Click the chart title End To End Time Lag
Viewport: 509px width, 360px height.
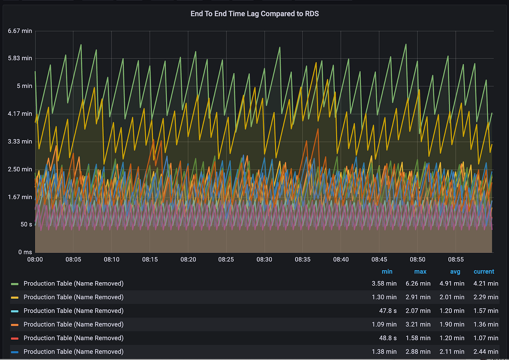[x=254, y=14]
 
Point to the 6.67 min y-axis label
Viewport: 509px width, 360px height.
[x=20, y=31]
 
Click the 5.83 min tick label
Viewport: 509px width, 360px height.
[x=20, y=58]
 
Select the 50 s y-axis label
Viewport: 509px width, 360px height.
[x=26, y=225]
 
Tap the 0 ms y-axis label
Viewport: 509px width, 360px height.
[x=25, y=252]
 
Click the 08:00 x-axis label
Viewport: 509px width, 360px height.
[x=35, y=259]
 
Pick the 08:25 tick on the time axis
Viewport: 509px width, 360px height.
[x=226, y=259]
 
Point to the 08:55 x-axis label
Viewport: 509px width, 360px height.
[x=456, y=259]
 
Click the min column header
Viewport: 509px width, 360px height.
[x=387, y=272]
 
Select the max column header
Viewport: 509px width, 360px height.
[x=420, y=272]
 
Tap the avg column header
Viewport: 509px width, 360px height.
[x=455, y=272]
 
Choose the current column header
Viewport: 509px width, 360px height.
[x=484, y=272]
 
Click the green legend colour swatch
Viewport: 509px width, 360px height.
[x=15, y=284]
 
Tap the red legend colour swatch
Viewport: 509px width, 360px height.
[x=15, y=338]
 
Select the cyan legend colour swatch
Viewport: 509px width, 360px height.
[x=15, y=311]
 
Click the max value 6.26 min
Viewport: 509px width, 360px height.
[x=418, y=283]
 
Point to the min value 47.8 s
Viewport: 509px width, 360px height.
[x=388, y=311]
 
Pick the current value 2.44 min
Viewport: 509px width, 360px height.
[x=486, y=352]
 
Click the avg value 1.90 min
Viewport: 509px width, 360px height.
[x=452, y=324]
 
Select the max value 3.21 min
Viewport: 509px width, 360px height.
[x=418, y=324]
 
